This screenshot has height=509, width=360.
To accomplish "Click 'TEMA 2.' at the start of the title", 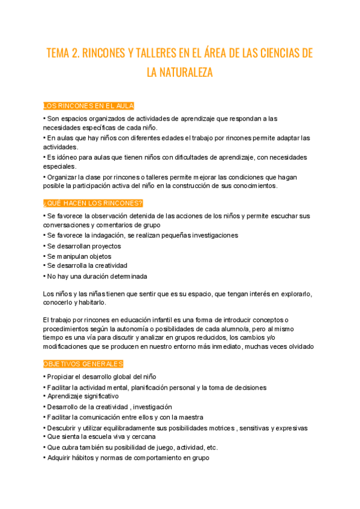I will click(64, 53).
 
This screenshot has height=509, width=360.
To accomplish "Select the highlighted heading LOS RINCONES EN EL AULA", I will click(89, 106).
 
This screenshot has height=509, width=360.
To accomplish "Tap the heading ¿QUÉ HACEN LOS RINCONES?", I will click(93, 203).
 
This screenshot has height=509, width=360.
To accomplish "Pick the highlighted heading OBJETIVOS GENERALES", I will click(83, 364).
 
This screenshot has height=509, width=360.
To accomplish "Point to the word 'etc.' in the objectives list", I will click(211, 448).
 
